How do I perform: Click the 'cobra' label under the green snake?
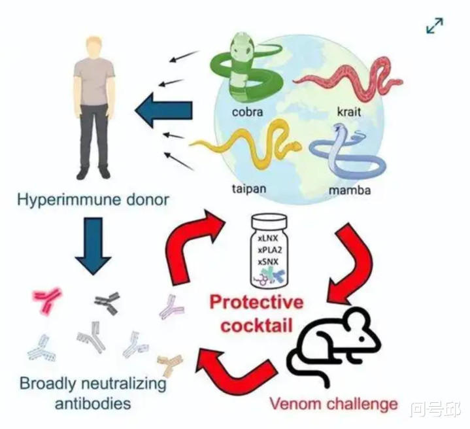coord(247,112)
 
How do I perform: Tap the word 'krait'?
coord(349,112)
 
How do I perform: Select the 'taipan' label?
coord(249,188)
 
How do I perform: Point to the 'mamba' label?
coord(350,190)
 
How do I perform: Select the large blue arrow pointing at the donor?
coord(163,110)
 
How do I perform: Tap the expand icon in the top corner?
coord(434,26)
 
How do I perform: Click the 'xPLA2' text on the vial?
coord(270,250)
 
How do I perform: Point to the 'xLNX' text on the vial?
coord(268,238)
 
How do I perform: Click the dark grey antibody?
coord(108,303)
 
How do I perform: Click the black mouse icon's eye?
coord(361,339)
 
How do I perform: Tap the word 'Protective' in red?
coord(256,302)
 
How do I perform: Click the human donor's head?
coord(94,48)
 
